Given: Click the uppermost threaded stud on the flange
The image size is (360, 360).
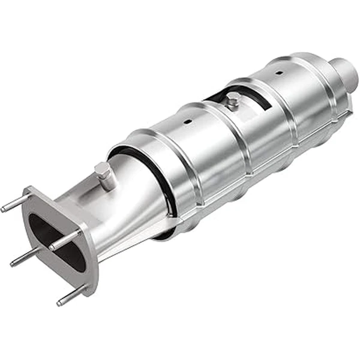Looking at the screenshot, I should click(x=13, y=203).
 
